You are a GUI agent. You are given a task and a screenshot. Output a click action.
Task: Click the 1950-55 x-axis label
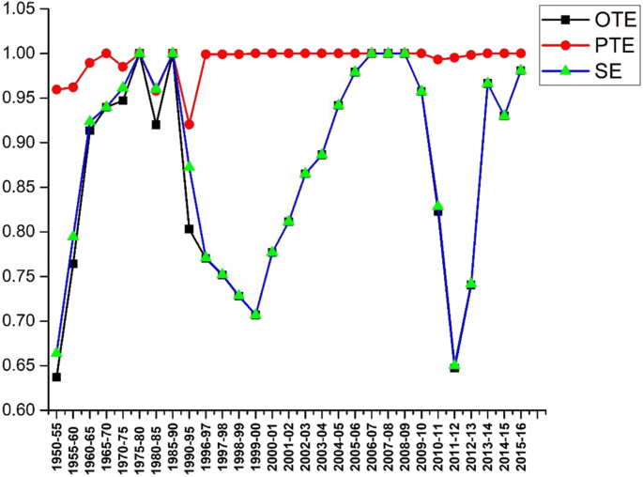(x=56, y=445)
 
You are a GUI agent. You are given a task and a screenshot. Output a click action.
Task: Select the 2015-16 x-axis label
(x=521, y=445)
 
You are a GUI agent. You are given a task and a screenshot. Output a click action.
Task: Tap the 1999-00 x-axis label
(x=255, y=445)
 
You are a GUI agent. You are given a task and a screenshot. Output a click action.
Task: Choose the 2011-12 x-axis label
(x=454, y=445)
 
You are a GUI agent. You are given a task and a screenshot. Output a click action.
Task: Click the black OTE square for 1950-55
(x=56, y=377)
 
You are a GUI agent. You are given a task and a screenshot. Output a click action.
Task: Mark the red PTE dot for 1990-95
(x=189, y=124)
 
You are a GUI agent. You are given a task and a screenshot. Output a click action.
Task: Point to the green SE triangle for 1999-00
(x=255, y=314)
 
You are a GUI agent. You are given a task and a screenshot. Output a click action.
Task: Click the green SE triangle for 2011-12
(x=454, y=365)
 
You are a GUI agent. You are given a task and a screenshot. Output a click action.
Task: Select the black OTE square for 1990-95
(x=189, y=228)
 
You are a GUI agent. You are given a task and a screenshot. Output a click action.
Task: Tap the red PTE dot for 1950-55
(x=56, y=89)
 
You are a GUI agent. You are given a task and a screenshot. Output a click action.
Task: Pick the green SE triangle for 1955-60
(x=73, y=236)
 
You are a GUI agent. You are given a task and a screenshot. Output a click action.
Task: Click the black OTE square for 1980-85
(x=156, y=124)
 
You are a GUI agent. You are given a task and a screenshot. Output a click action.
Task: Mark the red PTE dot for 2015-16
(x=521, y=53)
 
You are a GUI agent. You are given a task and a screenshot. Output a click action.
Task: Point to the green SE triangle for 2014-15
(x=504, y=115)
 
